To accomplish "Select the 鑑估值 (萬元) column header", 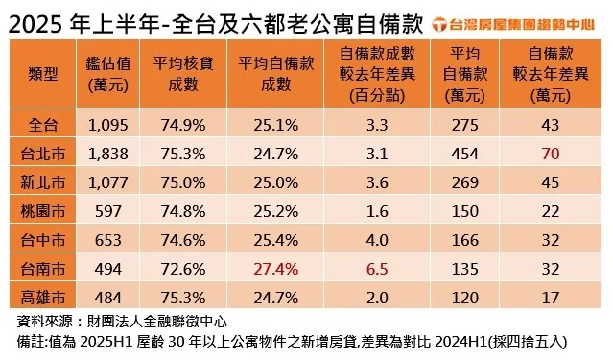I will pos(107,75).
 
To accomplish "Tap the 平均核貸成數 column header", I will pos(177,75).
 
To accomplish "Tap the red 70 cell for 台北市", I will pos(550,152).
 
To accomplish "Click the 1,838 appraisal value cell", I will pos(107,152).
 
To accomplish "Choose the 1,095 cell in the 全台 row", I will pos(107,124).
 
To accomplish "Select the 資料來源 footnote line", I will pos(123,321).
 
